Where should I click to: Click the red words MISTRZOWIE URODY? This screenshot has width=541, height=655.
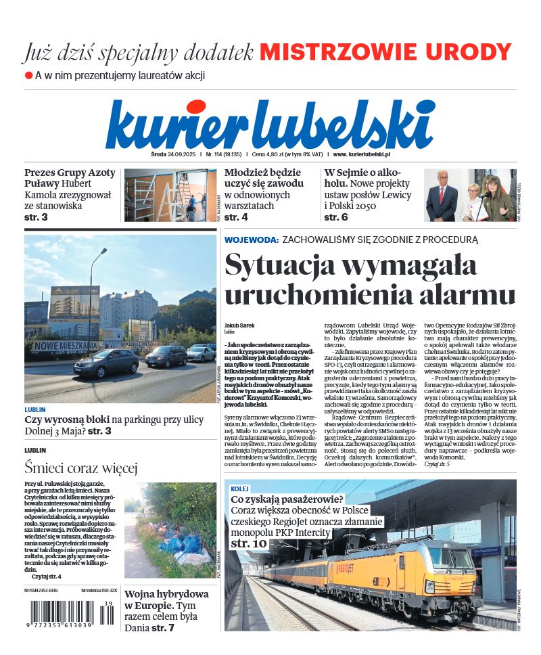point(385,52)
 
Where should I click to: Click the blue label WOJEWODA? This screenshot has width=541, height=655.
point(251,240)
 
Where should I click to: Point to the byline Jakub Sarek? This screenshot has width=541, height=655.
point(239,325)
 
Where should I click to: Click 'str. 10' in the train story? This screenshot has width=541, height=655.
point(249,543)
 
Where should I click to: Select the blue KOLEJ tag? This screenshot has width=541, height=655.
point(239,489)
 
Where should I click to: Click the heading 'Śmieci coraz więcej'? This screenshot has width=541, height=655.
point(81,468)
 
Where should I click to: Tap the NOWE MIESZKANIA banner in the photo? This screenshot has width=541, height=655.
point(66,345)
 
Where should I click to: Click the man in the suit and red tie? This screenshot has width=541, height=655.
point(442,196)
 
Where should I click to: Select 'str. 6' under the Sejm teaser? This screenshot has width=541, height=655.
point(336,217)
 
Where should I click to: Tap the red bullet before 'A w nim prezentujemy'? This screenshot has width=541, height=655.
point(28,75)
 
